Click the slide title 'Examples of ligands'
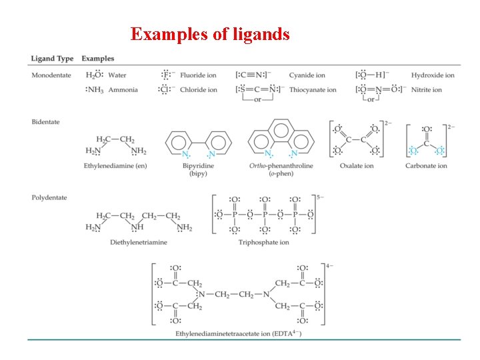point(210,34)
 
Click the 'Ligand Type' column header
point(52,59)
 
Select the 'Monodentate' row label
point(51,75)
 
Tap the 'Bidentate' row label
point(46,122)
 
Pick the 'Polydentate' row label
point(49,197)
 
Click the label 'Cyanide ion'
point(307,75)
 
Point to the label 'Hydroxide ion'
point(433,75)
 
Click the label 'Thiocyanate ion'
point(313,90)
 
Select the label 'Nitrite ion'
point(427,90)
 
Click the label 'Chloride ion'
point(198,90)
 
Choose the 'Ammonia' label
point(123,90)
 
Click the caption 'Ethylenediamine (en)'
point(115,165)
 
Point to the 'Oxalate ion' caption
point(357,165)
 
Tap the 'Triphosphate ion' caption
point(264,242)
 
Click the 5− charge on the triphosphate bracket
point(321,197)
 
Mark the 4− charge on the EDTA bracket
point(329,266)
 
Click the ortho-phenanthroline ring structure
point(281,137)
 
